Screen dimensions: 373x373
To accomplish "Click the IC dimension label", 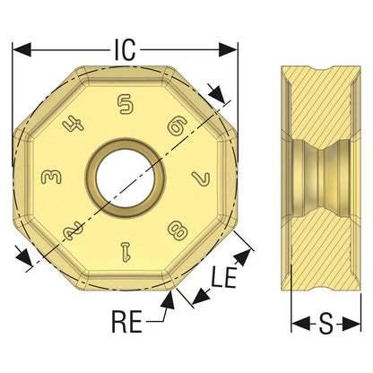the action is pos(125,49).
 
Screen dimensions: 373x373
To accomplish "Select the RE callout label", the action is pos(126,321).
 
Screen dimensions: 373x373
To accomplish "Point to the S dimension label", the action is pos(326,324).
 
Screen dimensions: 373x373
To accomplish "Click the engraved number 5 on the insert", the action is pos(126,104).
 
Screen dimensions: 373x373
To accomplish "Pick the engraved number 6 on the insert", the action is pos(178,125).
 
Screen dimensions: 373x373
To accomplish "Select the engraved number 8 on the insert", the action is pos(178,231).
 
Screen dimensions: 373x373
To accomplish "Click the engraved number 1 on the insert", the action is pos(126,251).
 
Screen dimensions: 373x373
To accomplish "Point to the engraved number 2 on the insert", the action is pos(73,230).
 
